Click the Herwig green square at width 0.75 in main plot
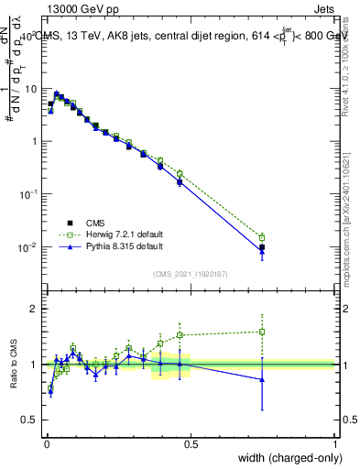262,237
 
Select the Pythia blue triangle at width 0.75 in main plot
262,252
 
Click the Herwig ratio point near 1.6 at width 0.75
262,332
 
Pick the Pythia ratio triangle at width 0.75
262,379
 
